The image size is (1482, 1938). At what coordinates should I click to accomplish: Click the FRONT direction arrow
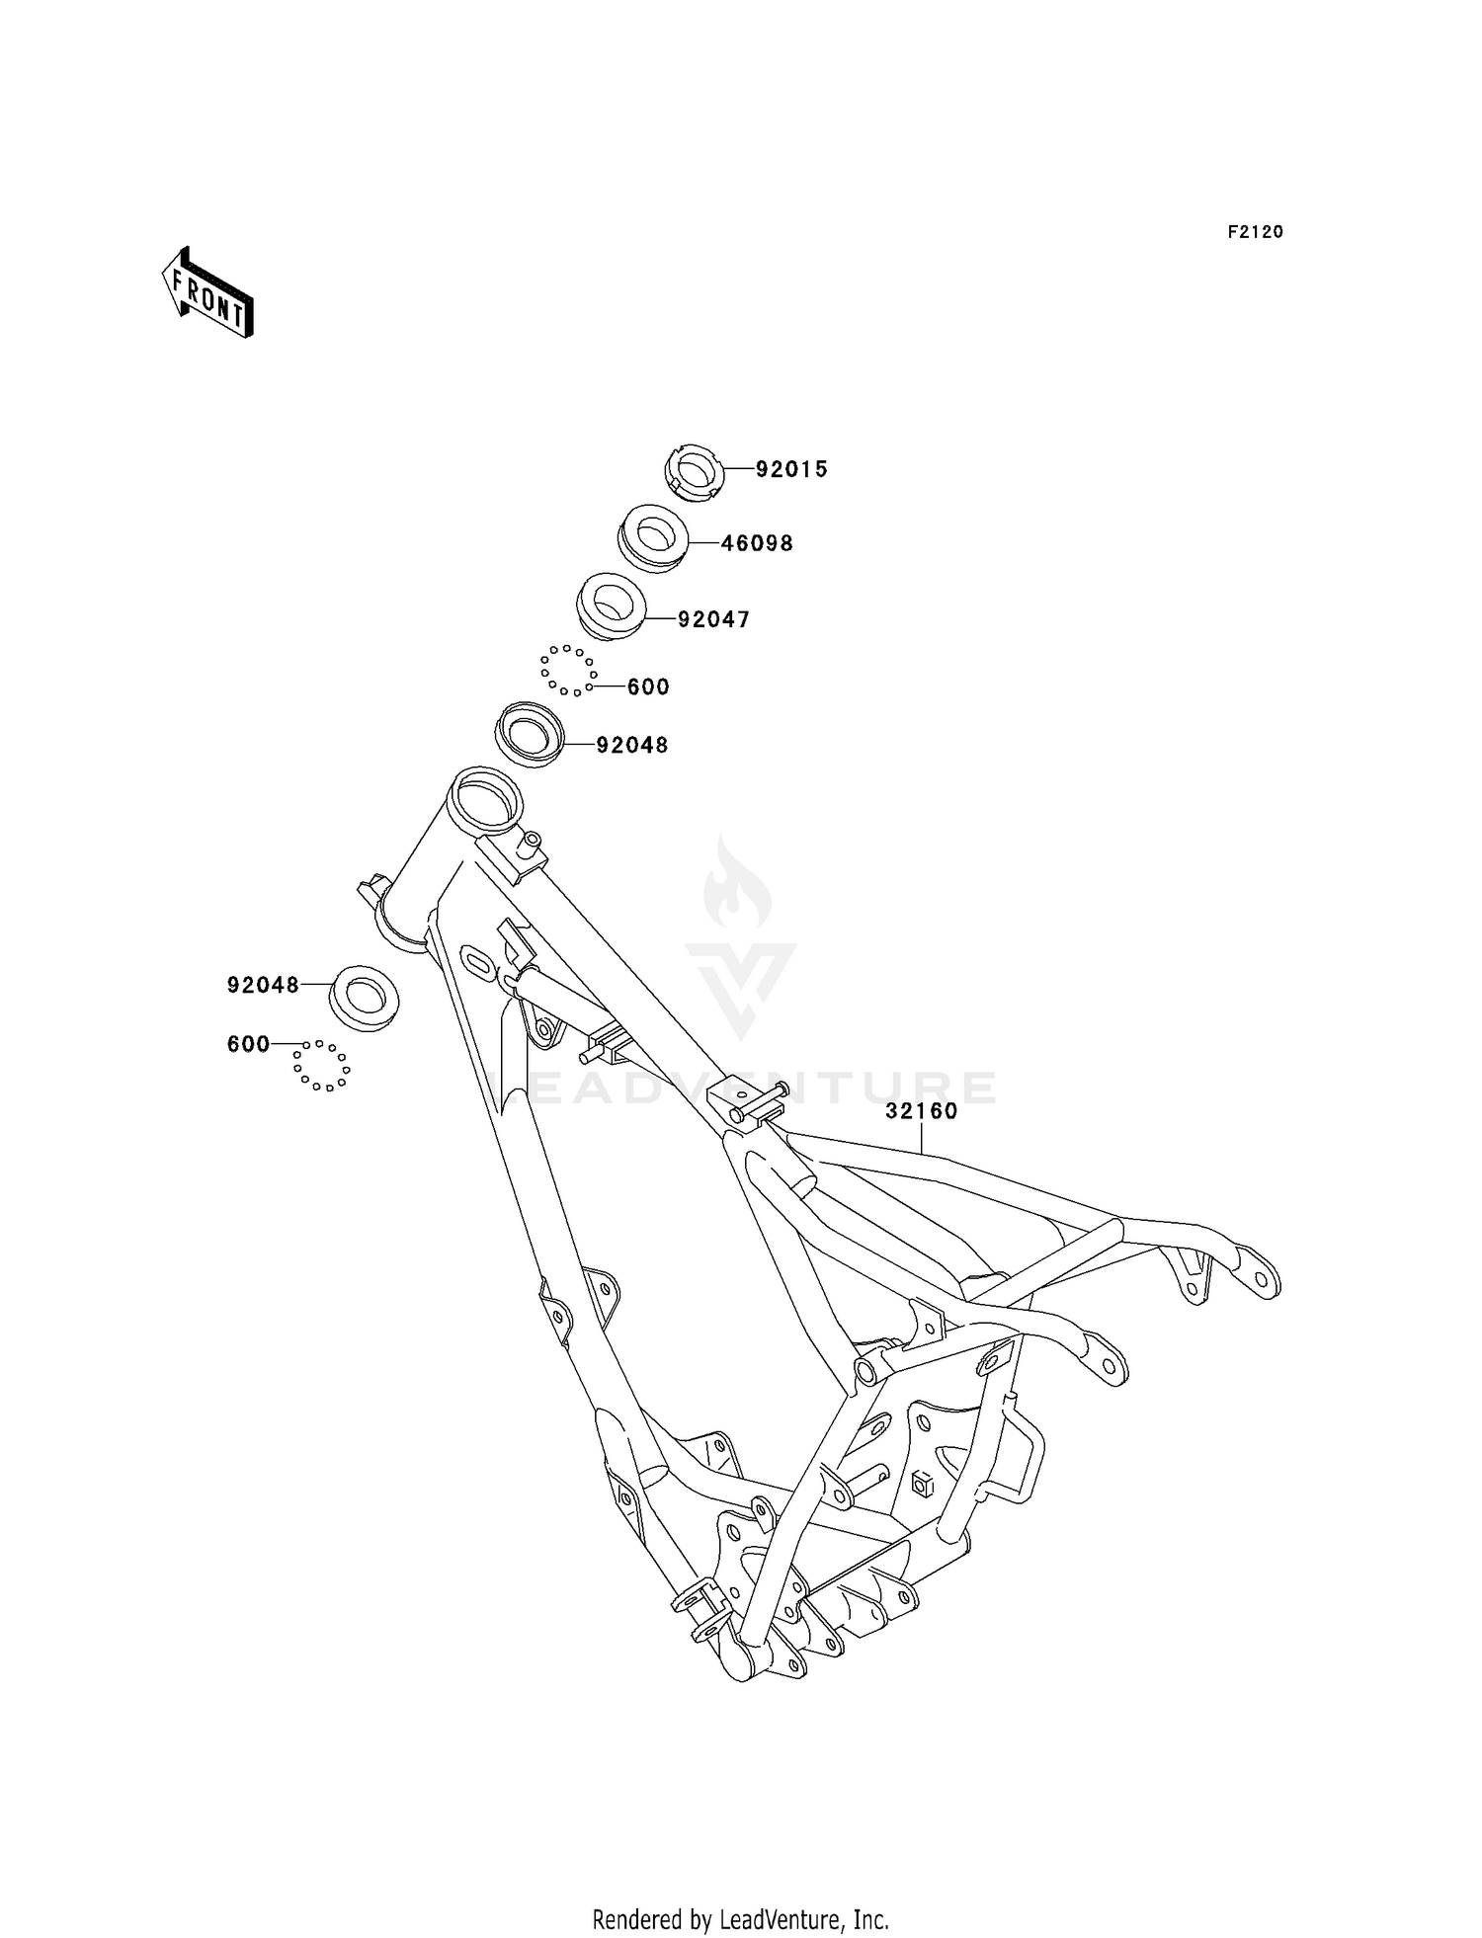pos(207,293)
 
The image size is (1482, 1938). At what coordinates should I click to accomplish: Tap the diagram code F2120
pos(1255,232)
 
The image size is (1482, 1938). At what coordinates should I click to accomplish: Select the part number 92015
pos(791,470)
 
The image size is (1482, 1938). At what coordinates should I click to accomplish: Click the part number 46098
pos(757,543)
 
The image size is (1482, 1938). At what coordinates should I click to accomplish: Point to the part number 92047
pos(713,619)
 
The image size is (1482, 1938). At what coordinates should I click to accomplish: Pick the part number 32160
pos(922,1110)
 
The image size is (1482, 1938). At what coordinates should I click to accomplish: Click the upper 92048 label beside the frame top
pos(632,745)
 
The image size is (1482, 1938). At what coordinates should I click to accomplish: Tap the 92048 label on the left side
pos(263,985)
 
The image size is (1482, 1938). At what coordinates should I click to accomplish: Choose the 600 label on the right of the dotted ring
pos(648,686)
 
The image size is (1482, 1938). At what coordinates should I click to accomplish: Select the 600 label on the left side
pos(248,1044)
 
